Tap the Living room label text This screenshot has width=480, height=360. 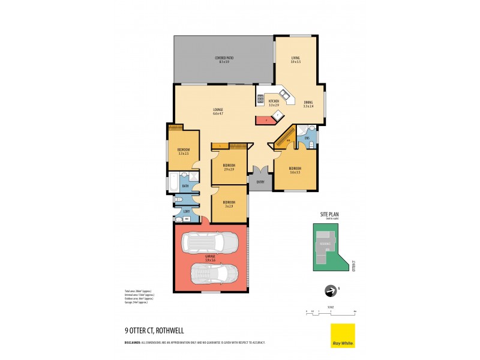[295, 59]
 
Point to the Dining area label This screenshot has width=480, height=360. [308, 104]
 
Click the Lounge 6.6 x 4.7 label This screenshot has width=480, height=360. [218, 111]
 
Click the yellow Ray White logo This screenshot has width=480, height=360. [343, 335]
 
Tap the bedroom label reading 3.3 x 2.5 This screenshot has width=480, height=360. [183, 152]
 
